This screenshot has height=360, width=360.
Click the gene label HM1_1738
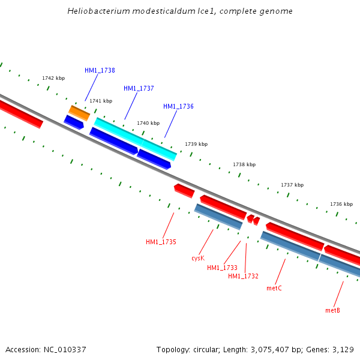[100, 70]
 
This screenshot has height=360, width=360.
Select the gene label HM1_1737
[139, 88]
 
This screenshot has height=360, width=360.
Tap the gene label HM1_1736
[178, 106]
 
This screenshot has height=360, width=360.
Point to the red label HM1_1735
[161, 242]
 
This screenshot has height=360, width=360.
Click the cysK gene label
[198, 258]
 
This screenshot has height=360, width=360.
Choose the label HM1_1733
[222, 268]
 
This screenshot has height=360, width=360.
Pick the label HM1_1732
[243, 276]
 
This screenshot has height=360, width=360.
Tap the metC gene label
[274, 288]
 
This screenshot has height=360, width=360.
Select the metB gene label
[332, 310]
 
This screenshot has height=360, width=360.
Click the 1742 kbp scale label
[53, 79]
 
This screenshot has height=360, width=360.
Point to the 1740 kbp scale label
[148, 123]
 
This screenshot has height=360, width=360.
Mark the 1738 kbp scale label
[244, 164]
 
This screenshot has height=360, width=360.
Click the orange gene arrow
[79, 112]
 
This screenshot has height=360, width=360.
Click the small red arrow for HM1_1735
[184, 191]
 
